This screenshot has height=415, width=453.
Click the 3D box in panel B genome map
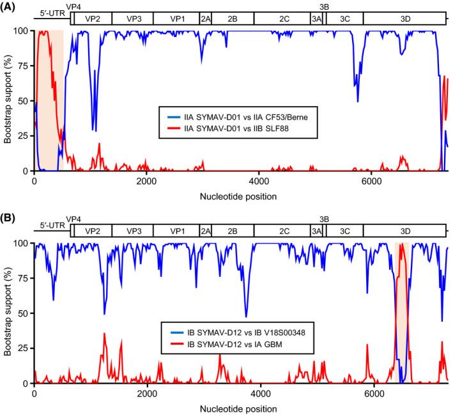(405, 231)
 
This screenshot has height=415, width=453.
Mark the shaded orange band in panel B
(402, 313)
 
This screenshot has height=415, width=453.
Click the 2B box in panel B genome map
(233, 231)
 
